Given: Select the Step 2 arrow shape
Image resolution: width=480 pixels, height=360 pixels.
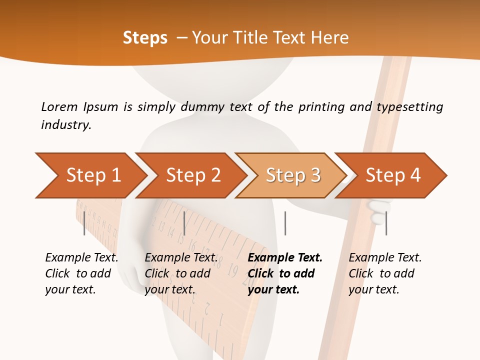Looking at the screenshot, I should tap(192, 175).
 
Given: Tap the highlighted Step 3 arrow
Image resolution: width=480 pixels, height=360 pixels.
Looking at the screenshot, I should tap(292, 175).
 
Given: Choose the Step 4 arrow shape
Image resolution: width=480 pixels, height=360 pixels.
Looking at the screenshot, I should tap(392, 175).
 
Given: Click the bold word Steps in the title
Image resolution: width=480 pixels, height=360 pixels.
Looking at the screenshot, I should tap(145, 37).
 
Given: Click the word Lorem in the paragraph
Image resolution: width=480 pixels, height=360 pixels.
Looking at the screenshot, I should tap(59, 106).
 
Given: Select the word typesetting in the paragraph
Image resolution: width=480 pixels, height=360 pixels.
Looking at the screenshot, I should tap(409, 106).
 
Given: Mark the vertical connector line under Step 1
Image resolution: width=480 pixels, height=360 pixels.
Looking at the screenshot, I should tap(84, 223).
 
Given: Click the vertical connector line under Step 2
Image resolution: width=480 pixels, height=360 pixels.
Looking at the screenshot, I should tap(184, 223).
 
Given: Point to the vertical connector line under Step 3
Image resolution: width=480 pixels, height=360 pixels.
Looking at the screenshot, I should tap(285, 223).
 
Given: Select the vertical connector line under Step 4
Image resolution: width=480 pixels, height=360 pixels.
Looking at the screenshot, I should tap(386, 223).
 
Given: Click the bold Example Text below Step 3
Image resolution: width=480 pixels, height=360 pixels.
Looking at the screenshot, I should tap(285, 257).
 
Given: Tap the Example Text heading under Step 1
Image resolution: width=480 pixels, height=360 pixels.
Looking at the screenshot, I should tap(81, 257).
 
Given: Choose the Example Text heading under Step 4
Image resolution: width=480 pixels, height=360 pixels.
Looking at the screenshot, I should tap(385, 257).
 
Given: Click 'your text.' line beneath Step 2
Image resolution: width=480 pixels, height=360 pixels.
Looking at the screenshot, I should tap(169, 289).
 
